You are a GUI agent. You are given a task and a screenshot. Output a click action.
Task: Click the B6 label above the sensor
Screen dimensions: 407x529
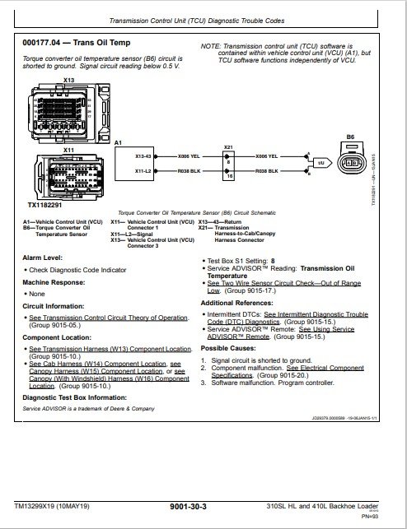tap(349, 137)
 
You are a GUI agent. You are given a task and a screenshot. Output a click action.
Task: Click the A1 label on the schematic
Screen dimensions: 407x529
tap(119, 143)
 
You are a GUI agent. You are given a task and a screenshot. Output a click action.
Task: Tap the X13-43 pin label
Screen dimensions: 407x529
tap(143, 154)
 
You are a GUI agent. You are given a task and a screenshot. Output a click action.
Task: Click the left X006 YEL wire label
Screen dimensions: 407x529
tap(189, 154)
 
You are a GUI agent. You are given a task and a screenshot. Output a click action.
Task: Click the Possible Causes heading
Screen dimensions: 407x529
tap(232, 349)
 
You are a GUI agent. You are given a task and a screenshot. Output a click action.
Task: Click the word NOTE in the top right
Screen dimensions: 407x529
tap(211, 47)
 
